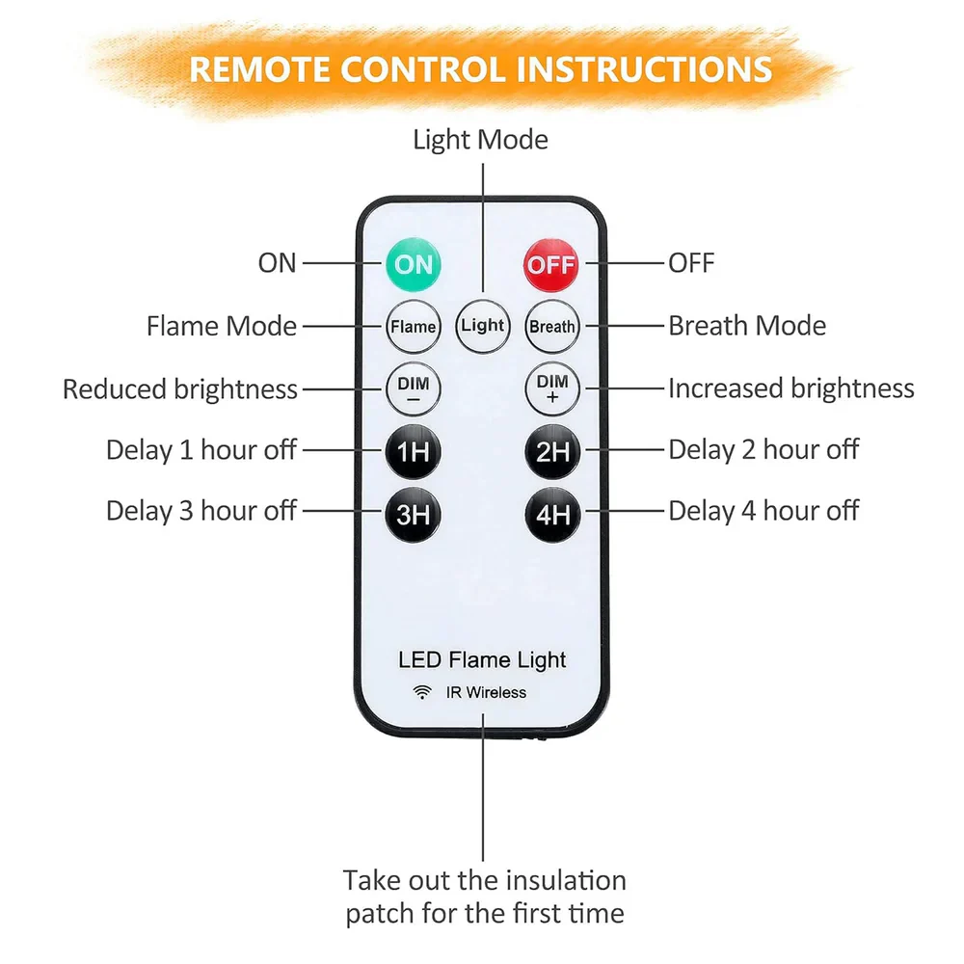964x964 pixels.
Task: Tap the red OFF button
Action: point(550,265)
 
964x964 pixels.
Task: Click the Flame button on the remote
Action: point(414,327)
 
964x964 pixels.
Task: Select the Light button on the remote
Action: point(483,326)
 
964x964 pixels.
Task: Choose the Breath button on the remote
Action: point(552,327)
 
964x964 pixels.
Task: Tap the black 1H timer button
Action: point(414,452)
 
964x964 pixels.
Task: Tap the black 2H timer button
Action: point(552,452)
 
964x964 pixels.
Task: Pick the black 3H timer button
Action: point(414,515)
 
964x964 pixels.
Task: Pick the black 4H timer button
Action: point(552,515)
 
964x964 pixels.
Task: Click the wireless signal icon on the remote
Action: point(422,692)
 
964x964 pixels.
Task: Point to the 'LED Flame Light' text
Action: point(482,659)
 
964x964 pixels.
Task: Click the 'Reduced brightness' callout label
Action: point(180,389)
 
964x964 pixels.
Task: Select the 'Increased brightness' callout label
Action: point(791,388)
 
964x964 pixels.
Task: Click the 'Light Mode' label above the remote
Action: point(480,140)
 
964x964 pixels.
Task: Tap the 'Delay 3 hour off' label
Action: point(201,511)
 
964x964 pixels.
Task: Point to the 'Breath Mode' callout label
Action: point(747,326)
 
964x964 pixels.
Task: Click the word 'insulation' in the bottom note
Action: point(564,880)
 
